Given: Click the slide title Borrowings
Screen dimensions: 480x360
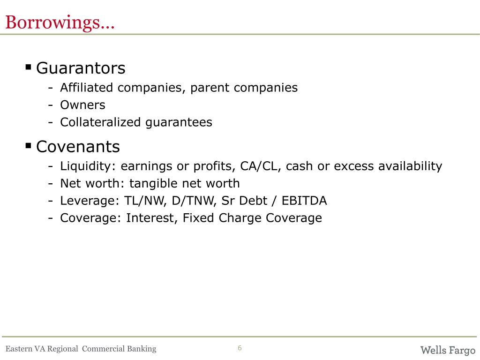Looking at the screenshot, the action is pyautogui.click(x=60, y=22).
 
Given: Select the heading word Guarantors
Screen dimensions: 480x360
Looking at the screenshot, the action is pyautogui.click(x=81, y=68).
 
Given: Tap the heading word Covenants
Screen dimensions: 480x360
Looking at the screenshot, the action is pyautogui.click(x=78, y=147).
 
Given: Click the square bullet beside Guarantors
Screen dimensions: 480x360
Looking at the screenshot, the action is pyautogui.click(x=29, y=67).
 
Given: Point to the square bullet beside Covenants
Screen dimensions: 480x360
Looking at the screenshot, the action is pyautogui.click(x=29, y=145).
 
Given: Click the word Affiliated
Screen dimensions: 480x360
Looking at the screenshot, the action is pyautogui.click(x=86, y=88).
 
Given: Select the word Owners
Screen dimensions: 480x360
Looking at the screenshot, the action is pyautogui.click(x=82, y=105).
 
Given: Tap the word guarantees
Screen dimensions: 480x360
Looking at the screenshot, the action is pyautogui.click(x=179, y=122).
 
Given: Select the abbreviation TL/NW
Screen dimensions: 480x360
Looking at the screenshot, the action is pyautogui.click(x=145, y=201).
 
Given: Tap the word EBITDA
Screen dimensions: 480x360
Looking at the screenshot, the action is pyautogui.click(x=304, y=201).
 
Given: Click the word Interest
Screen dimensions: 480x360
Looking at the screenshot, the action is pyautogui.click(x=152, y=218).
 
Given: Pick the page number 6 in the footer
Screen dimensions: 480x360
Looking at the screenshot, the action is pyautogui.click(x=240, y=348).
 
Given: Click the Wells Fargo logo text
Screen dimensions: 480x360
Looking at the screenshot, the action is pyautogui.click(x=448, y=350).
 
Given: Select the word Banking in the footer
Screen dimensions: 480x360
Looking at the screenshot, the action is pyautogui.click(x=142, y=349).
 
